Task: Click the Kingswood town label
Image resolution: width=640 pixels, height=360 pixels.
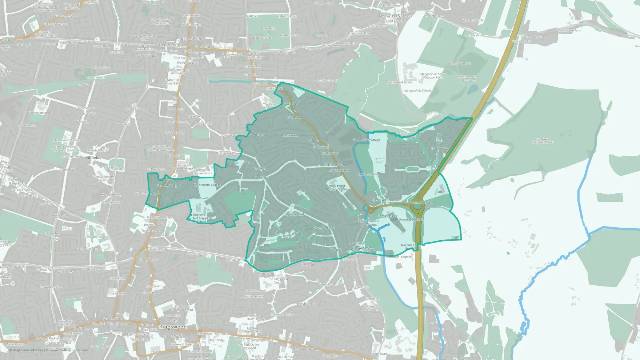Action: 173,327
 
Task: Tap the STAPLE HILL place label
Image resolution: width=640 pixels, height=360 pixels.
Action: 169,45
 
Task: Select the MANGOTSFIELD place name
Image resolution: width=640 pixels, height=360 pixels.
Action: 396,16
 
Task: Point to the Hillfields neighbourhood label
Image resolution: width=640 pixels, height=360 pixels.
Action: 93,158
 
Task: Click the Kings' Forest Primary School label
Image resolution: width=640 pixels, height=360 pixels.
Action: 337,188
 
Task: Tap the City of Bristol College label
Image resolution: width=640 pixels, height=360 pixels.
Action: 207,185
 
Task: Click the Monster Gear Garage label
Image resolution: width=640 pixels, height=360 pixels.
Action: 366,140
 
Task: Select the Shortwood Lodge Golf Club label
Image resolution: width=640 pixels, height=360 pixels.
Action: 543,141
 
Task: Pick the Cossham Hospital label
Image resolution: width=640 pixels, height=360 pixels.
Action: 96,237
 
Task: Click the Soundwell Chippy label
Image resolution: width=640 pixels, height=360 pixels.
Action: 169,186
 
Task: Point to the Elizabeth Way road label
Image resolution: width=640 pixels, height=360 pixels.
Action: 439,149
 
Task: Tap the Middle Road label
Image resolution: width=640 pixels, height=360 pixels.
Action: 290,135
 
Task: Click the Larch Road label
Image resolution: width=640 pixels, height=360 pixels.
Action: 257,135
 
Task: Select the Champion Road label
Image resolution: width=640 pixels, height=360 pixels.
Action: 324,228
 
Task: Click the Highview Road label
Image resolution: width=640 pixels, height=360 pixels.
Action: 294,214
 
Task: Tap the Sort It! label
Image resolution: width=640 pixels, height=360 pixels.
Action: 441,192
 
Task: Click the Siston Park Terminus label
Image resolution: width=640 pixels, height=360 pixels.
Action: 386,200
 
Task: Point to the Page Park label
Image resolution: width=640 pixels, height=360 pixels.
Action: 268,28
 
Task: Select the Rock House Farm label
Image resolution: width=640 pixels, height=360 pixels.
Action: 570,31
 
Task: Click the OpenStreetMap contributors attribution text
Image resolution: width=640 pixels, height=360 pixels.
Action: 69,350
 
